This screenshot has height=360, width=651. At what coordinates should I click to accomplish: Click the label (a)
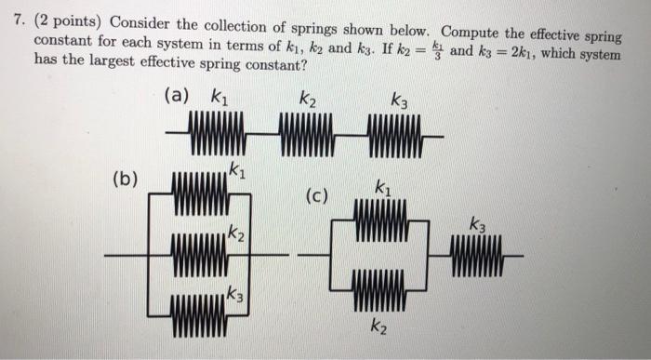click(x=176, y=96)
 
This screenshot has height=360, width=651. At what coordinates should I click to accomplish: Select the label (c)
click(x=318, y=196)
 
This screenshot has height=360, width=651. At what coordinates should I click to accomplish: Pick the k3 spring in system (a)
click(x=395, y=135)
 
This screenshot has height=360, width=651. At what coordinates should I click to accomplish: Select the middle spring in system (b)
click(x=199, y=254)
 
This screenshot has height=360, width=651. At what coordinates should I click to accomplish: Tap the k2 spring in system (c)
click(x=380, y=289)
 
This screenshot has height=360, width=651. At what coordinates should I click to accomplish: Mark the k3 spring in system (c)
click(x=478, y=254)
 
